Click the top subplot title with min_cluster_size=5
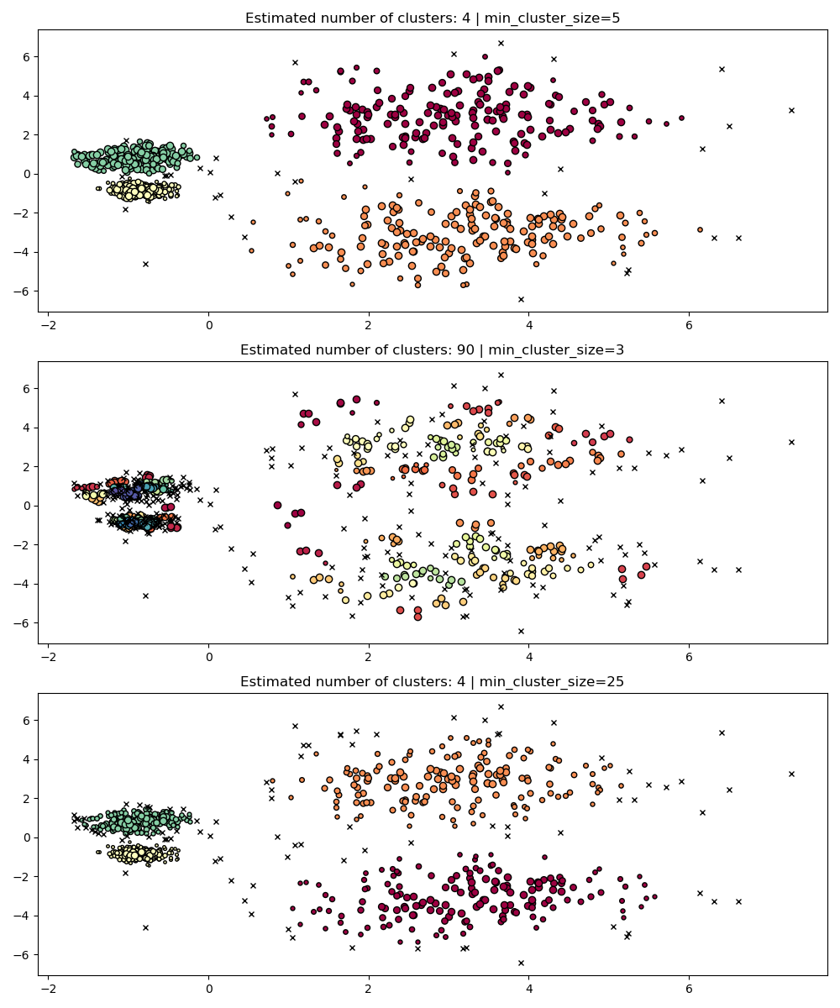click(433, 18)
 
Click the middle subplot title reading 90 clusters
click(433, 349)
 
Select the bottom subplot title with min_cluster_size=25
click(433, 681)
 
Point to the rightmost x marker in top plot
click(791, 110)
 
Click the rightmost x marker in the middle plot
click(791, 442)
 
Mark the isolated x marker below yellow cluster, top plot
click(145, 264)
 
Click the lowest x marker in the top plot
click(521, 299)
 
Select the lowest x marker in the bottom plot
click(521, 963)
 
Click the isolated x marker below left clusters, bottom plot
click(145, 927)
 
